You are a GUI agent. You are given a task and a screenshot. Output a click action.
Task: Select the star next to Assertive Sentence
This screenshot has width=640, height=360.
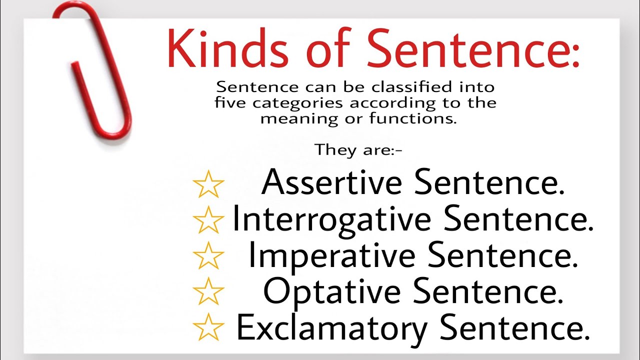coord(208,184)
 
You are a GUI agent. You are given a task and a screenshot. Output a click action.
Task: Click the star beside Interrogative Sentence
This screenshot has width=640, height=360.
coord(208,220)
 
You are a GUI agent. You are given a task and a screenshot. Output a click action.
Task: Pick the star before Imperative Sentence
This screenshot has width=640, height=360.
coord(208,256)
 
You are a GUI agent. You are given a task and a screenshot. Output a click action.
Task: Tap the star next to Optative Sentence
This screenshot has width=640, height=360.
coord(208,291)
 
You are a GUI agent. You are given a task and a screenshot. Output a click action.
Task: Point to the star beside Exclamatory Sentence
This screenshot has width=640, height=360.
coord(208,327)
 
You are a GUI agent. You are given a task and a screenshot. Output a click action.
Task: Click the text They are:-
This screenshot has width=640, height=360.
coord(358,150)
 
